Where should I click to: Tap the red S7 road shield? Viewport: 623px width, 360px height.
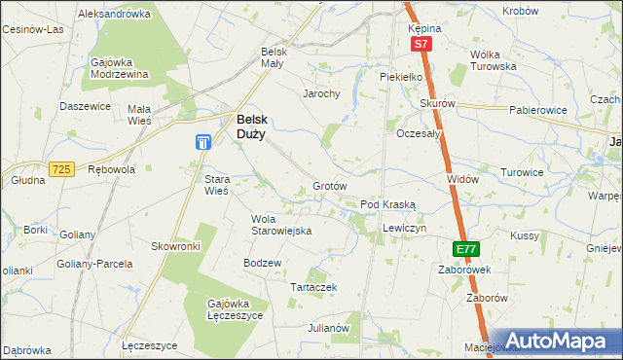[420, 45]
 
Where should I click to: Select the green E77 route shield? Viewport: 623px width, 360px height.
[465, 249]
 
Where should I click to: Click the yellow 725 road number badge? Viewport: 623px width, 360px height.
[62, 169]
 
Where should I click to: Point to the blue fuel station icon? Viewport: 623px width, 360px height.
[202, 143]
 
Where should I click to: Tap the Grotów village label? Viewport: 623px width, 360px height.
[330, 186]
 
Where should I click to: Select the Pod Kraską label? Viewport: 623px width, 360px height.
[388, 205]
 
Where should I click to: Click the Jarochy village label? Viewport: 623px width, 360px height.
[320, 94]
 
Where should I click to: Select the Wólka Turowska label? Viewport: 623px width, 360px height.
[492, 60]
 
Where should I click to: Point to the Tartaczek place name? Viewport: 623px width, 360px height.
[314, 287]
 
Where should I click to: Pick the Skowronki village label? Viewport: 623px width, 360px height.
[175, 247]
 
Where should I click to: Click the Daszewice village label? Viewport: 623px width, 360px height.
[82, 106]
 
